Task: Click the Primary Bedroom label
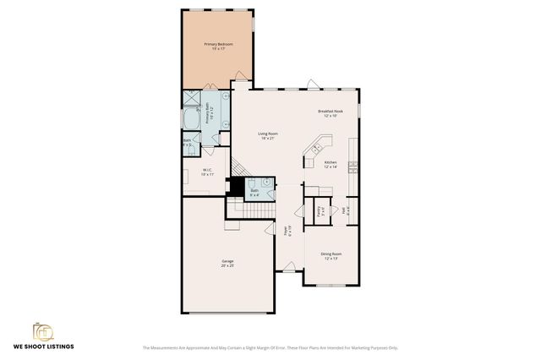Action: pyautogui.click(x=218, y=46)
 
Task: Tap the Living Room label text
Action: pyautogui.click(x=268, y=135)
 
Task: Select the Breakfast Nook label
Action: pyautogui.click(x=330, y=113)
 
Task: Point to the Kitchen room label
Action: pyautogui.click(x=330, y=164)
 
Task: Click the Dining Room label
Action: pyautogui.click(x=331, y=255)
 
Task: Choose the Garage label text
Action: pyautogui.click(x=227, y=263)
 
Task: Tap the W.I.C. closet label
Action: pyautogui.click(x=206, y=172)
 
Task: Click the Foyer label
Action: pyautogui.click(x=288, y=230)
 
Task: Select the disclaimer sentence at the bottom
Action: pyautogui.click(x=270, y=347)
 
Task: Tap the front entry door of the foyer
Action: pyautogui.click(x=289, y=270)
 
